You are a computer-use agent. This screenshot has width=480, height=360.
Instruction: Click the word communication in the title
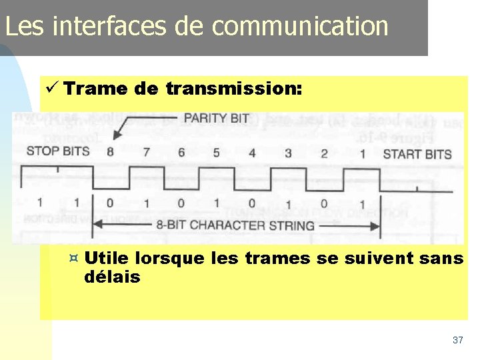pos(300,26)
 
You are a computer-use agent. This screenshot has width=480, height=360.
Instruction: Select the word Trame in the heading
pos(88,88)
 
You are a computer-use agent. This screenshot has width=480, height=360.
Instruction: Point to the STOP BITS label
pos(58,151)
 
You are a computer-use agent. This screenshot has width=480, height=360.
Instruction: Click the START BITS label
pos(417,154)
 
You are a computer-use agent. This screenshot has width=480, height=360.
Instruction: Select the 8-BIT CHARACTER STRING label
pos(235,225)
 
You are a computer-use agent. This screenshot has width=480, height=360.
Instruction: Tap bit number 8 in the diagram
pos(110,151)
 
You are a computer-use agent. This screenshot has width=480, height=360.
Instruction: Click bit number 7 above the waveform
pos(146,152)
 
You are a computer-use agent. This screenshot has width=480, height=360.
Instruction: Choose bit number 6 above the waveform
pos(181,152)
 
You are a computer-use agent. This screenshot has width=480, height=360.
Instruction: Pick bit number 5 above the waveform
pos(216,153)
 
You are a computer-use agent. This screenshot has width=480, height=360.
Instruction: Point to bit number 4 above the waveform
pos(252,153)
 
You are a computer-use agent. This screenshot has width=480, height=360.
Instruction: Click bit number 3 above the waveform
pos(288,153)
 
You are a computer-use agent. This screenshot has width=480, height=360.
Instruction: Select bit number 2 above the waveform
pos(324,153)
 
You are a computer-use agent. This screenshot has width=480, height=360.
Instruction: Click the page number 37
pos(457,340)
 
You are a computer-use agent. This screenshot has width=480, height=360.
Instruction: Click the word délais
pos(113,276)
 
